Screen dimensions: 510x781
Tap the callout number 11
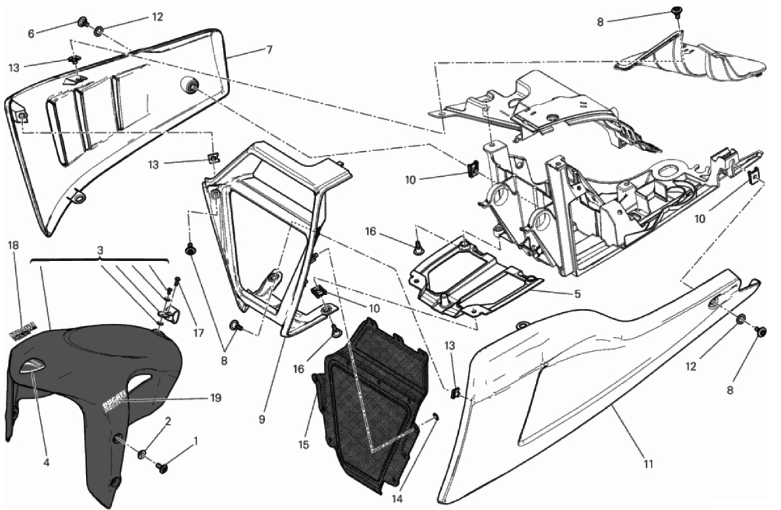(648, 465)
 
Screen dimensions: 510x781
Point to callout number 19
(216, 398)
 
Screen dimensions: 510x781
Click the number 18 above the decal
(13, 245)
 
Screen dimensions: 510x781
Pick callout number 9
(262, 419)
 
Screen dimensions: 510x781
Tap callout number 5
(577, 294)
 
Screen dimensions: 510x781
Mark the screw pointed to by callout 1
(160, 467)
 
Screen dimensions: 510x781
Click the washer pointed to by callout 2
(143, 453)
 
